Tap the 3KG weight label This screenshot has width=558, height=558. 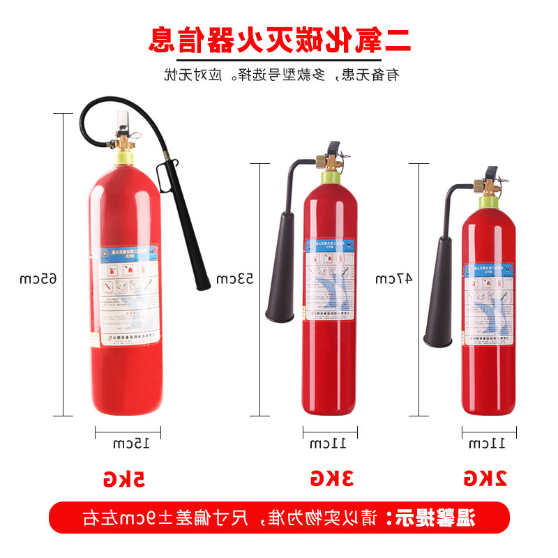pyautogui.click(x=331, y=478)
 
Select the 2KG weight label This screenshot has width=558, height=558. pyautogui.click(x=485, y=478)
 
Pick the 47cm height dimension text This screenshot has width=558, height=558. pyautogui.click(x=394, y=279)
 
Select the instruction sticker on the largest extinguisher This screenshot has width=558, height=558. pyautogui.click(x=123, y=293)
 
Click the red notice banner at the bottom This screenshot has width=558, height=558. pyautogui.click(x=279, y=518)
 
